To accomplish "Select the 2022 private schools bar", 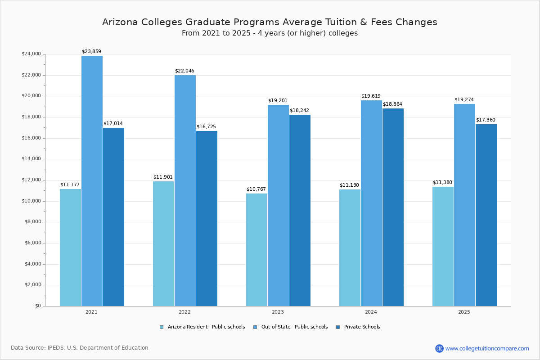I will [207, 218].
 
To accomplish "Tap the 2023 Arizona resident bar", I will [256, 250].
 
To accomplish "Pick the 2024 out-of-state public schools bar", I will [371, 203].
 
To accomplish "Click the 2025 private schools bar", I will [486, 215].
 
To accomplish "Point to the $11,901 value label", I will [163, 177].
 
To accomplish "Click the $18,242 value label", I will [299, 110].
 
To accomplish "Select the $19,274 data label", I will [464, 99].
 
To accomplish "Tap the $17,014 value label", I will [113, 123].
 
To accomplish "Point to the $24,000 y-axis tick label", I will [31, 54].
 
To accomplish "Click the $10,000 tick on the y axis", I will [31, 201].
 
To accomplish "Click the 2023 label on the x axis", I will [278, 312].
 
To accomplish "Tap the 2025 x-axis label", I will [464, 312].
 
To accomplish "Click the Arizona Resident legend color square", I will [162, 327].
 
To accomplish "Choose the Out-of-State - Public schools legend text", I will [294, 327].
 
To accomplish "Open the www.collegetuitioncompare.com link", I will [487, 348].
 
